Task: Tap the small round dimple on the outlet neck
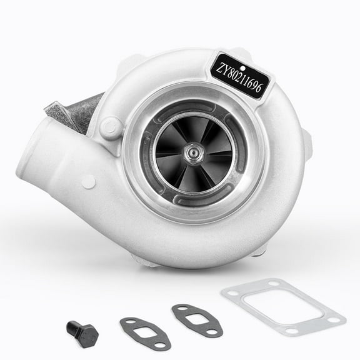pyautogui.click(x=89, y=182)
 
